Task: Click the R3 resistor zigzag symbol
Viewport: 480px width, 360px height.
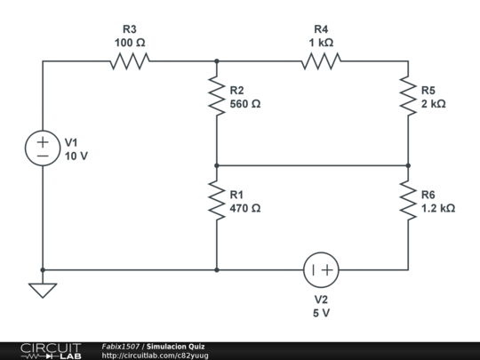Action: point(130,61)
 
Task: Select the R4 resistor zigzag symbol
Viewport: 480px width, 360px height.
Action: point(322,61)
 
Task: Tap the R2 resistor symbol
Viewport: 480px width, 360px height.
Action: point(216,96)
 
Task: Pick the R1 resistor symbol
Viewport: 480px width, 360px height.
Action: point(216,201)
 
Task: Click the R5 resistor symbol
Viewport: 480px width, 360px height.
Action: point(408,96)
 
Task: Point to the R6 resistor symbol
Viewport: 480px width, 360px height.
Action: point(408,201)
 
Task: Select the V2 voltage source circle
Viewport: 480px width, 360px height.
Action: point(322,269)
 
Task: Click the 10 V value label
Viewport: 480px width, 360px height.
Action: point(76,156)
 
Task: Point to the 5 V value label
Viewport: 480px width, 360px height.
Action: point(322,313)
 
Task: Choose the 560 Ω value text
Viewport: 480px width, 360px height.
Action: point(245,104)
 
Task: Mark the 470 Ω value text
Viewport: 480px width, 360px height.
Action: point(245,209)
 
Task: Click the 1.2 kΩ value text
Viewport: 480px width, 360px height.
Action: point(438,209)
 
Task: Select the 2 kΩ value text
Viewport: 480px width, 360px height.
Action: point(434,104)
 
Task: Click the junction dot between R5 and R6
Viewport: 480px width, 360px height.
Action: point(408,165)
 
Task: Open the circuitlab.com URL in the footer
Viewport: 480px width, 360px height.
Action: point(156,356)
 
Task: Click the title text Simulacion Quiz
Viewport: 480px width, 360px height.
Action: point(176,346)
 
